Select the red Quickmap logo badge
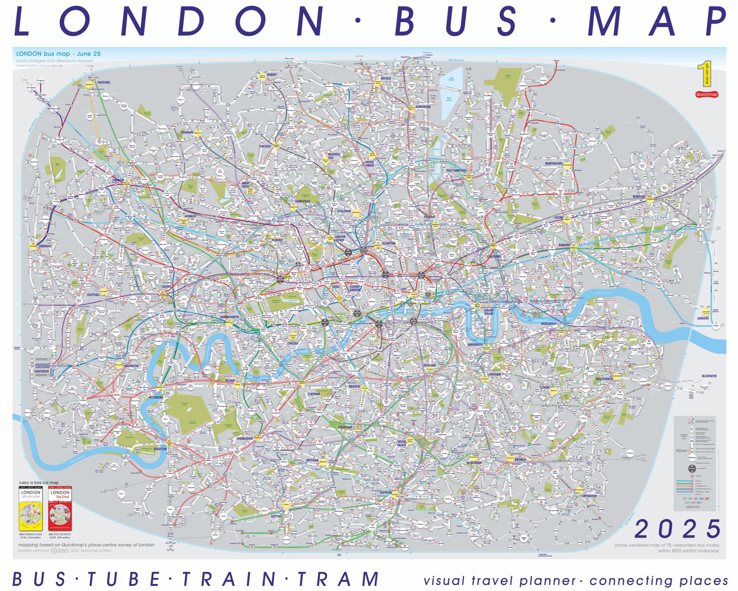pyautogui.click(x=706, y=95)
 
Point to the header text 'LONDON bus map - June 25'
pyautogui.click(x=59, y=54)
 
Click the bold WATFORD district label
pyautogui.click(x=104, y=83)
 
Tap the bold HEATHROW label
pyautogui.click(x=42, y=371)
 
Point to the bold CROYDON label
pyautogui.click(x=386, y=492)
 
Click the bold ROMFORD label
pyautogui.click(x=639, y=197)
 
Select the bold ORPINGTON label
pyautogui.click(x=589, y=496)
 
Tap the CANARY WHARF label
pyautogui.click(x=488, y=312)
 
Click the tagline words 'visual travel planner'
pyautogui.click(x=500, y=581)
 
